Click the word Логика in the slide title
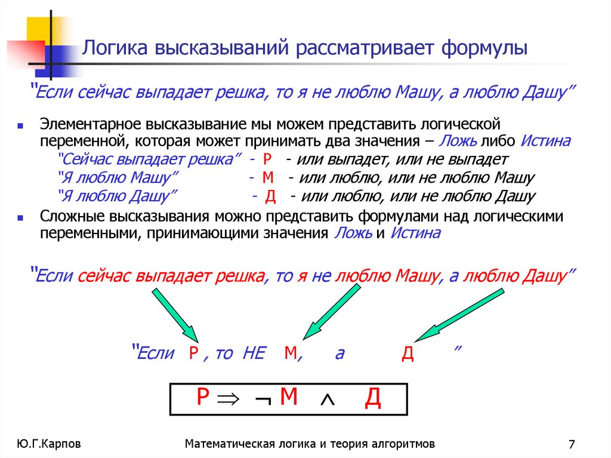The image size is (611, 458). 113,48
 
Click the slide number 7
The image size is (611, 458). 572,444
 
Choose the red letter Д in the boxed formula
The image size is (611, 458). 372,398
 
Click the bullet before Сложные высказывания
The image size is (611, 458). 20,219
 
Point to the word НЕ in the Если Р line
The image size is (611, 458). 254,353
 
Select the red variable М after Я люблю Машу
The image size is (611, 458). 267,177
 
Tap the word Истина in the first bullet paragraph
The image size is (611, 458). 545,142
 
